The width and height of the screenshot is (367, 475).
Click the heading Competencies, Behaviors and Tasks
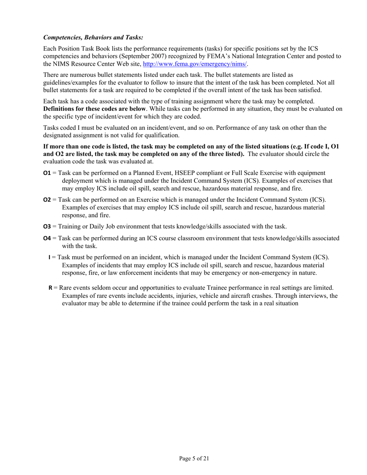tap(93, 38)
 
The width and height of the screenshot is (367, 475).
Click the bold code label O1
tap(47, 173)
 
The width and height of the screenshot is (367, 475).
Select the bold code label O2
tap(47, 200)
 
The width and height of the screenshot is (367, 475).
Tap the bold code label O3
tap(47, 226)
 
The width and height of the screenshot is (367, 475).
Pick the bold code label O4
tap(47, 238)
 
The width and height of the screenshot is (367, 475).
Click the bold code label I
tap(49, 257)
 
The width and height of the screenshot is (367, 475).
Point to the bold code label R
tap(50, 288)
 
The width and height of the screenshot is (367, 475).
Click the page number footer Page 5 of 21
tap(194, 459)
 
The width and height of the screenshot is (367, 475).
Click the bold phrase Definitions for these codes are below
tap(95, 109)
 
